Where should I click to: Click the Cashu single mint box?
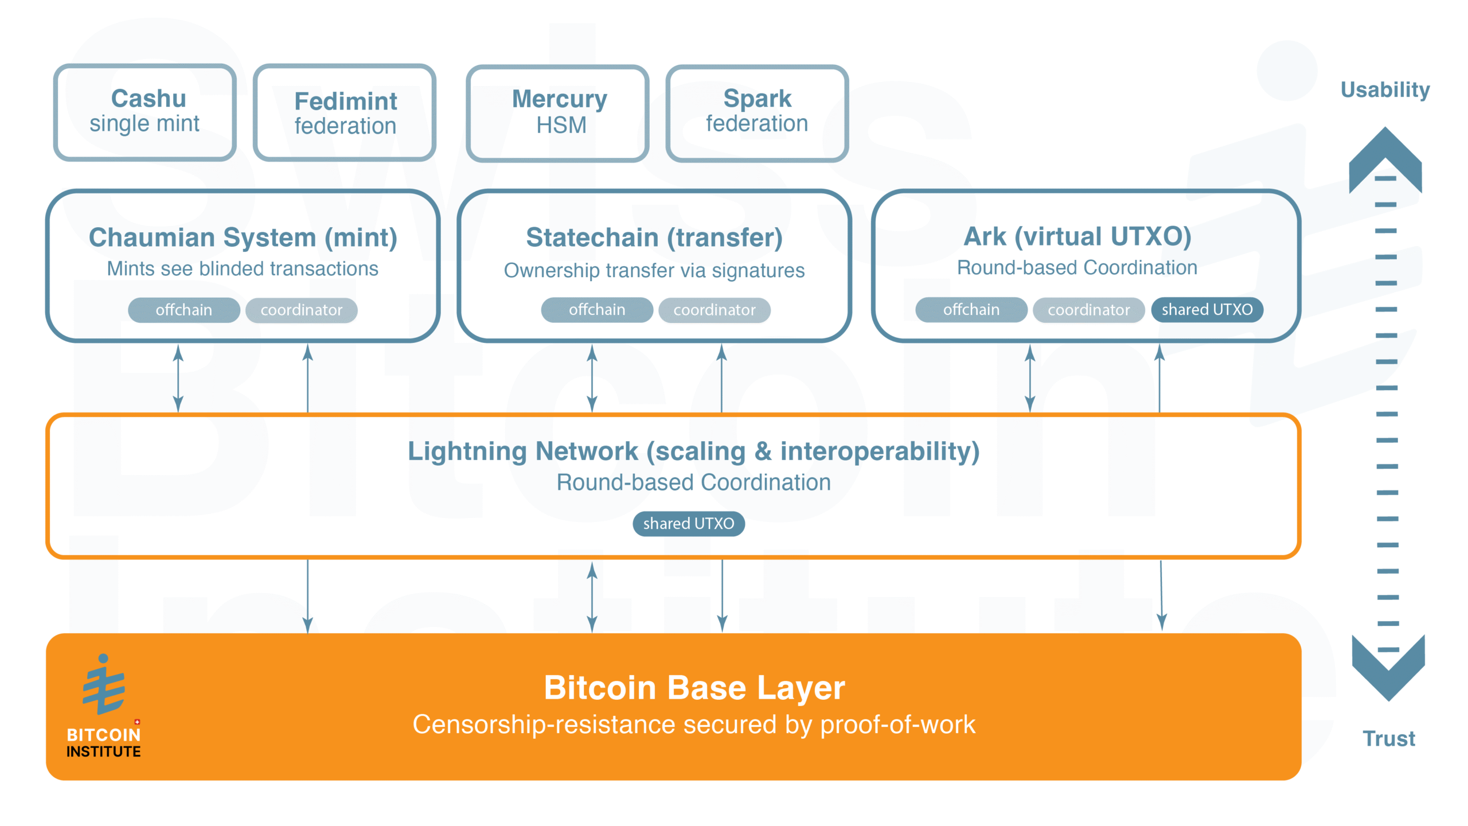[145, 112]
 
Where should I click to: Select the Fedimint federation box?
[345, 112]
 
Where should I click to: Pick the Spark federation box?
[757, 113]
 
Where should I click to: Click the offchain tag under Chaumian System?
[183, 310]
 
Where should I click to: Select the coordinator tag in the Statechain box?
[714, 310]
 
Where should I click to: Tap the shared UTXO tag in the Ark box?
[1207, 310]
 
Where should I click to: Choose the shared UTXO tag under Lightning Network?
[688, 524]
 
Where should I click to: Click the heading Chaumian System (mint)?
[243, 237]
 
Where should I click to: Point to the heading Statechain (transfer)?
[654, 237]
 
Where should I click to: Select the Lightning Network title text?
[693, 451]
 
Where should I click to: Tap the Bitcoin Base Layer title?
[694, 688]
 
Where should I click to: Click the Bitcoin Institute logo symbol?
[103, 685]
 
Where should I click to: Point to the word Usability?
[1385, 90]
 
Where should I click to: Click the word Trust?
[1388, 739]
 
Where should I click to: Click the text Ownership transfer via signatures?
[654, 271]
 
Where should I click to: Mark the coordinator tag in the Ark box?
[1088, 310]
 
